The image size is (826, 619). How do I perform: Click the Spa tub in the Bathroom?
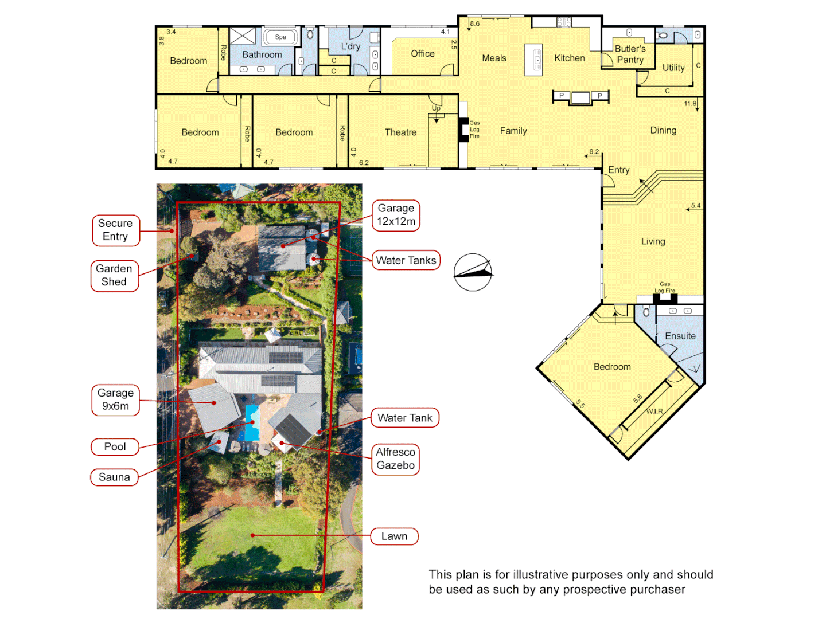[280, 37]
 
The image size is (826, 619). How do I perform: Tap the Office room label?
[422, 53]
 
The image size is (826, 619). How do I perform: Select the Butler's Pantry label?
[630, 54]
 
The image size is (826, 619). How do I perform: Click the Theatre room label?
[400, 132]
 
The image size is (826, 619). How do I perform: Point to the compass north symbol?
[473, 272]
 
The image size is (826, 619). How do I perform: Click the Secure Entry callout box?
[115, 230]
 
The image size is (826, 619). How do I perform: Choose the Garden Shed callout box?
[114, 275]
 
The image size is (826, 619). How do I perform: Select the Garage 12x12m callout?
[396, 215]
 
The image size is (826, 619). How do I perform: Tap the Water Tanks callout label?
[406, 260]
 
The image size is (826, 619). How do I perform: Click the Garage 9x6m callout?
[115, 399]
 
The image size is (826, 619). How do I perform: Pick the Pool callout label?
[115, 446]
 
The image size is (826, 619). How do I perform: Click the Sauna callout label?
[114, 477]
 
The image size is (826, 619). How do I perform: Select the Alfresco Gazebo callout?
[395, 459]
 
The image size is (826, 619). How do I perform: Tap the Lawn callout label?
[394, 536]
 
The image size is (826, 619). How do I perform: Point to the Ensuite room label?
[680, 336]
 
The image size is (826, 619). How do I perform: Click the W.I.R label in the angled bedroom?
[654, 411]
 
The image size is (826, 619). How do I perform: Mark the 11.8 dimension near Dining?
[689, 104]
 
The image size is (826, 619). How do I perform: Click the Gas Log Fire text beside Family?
[474, 130]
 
